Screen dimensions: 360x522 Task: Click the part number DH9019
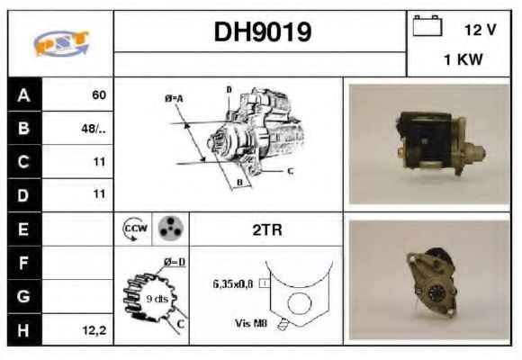(262, 33)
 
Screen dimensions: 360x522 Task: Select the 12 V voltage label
(480, 30)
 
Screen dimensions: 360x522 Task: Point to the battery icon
(426, 28)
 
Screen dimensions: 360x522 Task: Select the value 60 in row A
(99, 94)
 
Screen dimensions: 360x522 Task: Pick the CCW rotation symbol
(132, 229)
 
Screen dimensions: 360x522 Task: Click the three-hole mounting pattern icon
(168, 229)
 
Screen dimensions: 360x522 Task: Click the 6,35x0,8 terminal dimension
(233, 283)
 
